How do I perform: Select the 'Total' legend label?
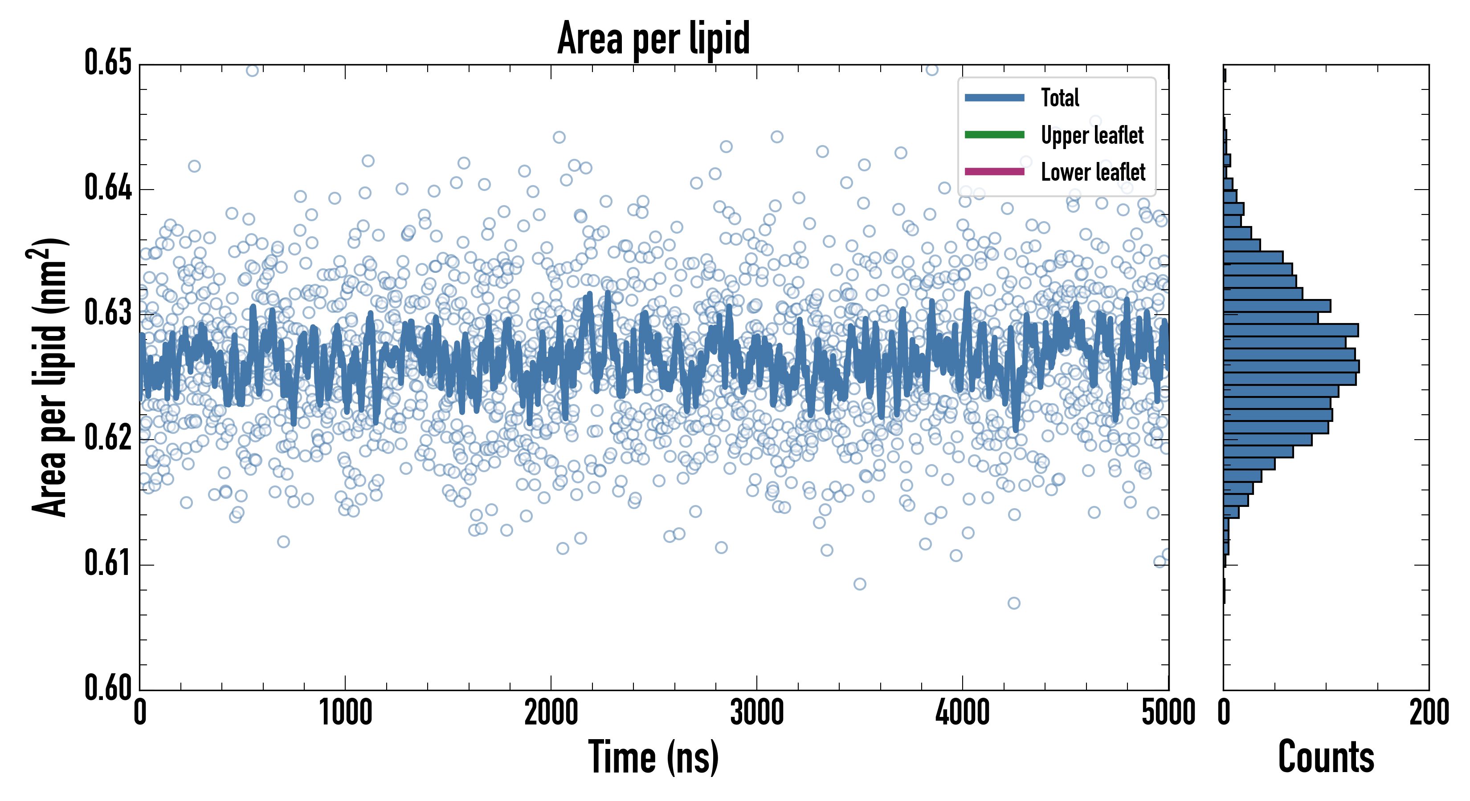(x=1060, y=97)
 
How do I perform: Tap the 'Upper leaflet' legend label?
(x=1092, y=135)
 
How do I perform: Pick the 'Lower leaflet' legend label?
(x=1093, y=172)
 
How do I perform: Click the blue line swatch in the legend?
(x=994, y=97)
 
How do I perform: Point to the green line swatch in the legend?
(x=994, y=134)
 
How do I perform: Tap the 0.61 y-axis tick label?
(x=108, y=563)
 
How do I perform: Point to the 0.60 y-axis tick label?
(x=108, y=688)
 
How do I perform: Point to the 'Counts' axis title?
(x=1326, y=757)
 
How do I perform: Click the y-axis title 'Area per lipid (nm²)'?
(x=49, y=377)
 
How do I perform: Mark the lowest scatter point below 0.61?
(x=1013, y=603)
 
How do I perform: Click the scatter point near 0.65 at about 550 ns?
(x=252, y=70)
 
